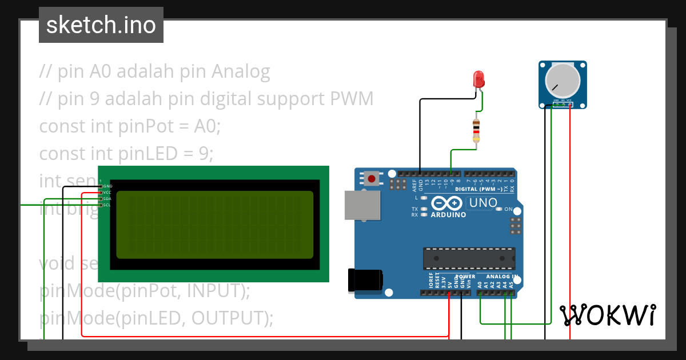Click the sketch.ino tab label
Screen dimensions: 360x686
pyautogui.click(x=101, y=25)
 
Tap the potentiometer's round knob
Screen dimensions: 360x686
pyautogui.click(x=563, y=79)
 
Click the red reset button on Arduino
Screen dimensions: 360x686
pyautogui.click(x=372, y=179)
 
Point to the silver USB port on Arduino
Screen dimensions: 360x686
pyautogui.click(x=362, y=205)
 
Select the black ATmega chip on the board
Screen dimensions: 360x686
pyautogui.click(x=469, y=258)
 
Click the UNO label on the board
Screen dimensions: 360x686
pyautogui.click(x=482, y=202)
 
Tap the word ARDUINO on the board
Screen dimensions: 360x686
pyautogui.click(x=448, y=215)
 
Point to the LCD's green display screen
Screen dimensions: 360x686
pyautogui.click(x=214, y=225)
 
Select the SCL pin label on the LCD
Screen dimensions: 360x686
pyautogui.click(x=107, y=205)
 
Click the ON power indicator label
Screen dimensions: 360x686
pyautogui.click(x=508, y=209)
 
